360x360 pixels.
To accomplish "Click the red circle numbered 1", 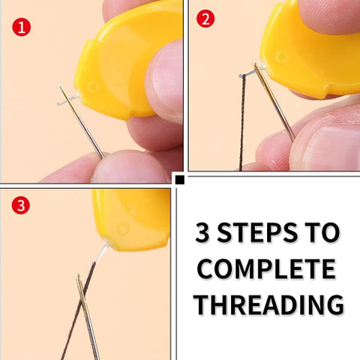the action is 22,27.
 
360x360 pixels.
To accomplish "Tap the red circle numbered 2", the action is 205,18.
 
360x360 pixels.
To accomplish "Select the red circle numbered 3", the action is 21,205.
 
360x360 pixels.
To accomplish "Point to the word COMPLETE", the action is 266,269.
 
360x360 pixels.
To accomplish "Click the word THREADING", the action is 269,304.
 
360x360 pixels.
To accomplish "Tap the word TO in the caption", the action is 322,232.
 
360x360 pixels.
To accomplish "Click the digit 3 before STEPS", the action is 202,232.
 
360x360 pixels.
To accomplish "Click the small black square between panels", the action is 180,180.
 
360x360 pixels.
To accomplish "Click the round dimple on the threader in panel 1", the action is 93,87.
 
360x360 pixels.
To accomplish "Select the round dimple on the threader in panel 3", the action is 123,229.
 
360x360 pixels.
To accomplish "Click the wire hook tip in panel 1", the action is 58,103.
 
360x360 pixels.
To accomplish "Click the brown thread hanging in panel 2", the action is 242,122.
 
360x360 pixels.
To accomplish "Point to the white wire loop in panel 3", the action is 102,253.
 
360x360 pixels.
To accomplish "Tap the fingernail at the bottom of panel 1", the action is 130,167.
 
